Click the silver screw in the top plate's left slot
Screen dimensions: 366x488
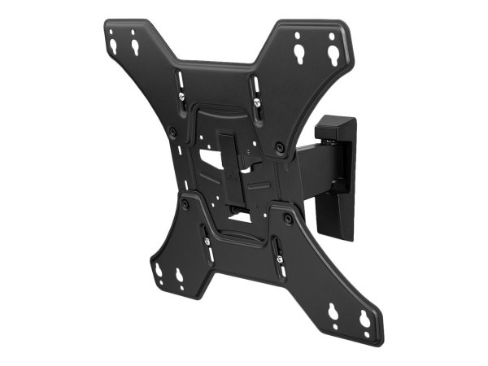(181, 98)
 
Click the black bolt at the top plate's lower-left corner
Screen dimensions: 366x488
(172, 132)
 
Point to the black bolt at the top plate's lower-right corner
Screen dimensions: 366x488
(281, 147)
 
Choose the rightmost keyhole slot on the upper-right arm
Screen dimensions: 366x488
(333, 55)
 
